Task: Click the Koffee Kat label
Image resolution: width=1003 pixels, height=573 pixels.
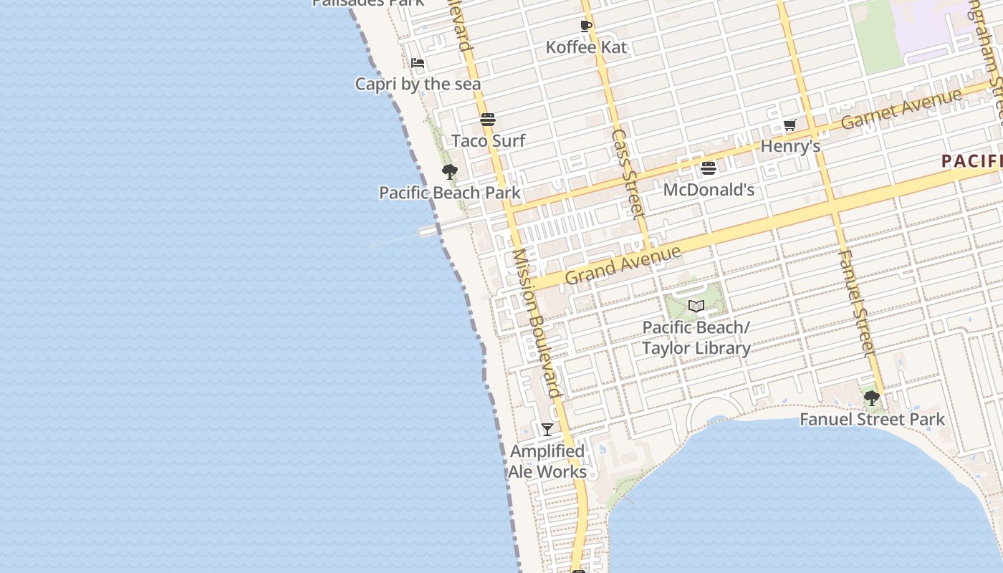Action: [586, 47]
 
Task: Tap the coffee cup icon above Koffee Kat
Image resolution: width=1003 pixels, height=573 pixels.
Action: [585, 27]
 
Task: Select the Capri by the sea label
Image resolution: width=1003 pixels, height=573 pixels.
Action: [418, 84]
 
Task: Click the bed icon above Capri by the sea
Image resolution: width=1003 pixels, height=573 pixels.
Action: [418, 63]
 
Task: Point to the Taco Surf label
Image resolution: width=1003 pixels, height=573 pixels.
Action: [489, 140]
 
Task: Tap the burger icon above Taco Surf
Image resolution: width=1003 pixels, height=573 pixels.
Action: [488, 119]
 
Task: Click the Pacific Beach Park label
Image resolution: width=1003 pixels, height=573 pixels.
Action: [449, 193]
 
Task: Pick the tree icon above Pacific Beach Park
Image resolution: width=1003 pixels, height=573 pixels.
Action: [449, 172]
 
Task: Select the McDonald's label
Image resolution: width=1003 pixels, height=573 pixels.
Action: [709, 190]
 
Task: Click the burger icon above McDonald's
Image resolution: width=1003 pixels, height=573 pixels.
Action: [709, 168]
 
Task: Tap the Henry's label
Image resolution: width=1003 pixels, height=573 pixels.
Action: [790, 146]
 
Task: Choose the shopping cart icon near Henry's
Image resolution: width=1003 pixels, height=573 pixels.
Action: [790, 125]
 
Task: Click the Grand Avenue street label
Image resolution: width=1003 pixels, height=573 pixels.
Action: [623, 265]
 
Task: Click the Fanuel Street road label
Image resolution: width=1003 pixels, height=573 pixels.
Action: [856, 302]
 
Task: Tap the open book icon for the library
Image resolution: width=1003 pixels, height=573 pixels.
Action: [696, 307]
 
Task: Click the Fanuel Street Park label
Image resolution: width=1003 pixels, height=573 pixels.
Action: [872, 419]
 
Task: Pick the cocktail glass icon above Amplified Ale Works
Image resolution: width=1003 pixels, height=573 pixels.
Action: [547, 430]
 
